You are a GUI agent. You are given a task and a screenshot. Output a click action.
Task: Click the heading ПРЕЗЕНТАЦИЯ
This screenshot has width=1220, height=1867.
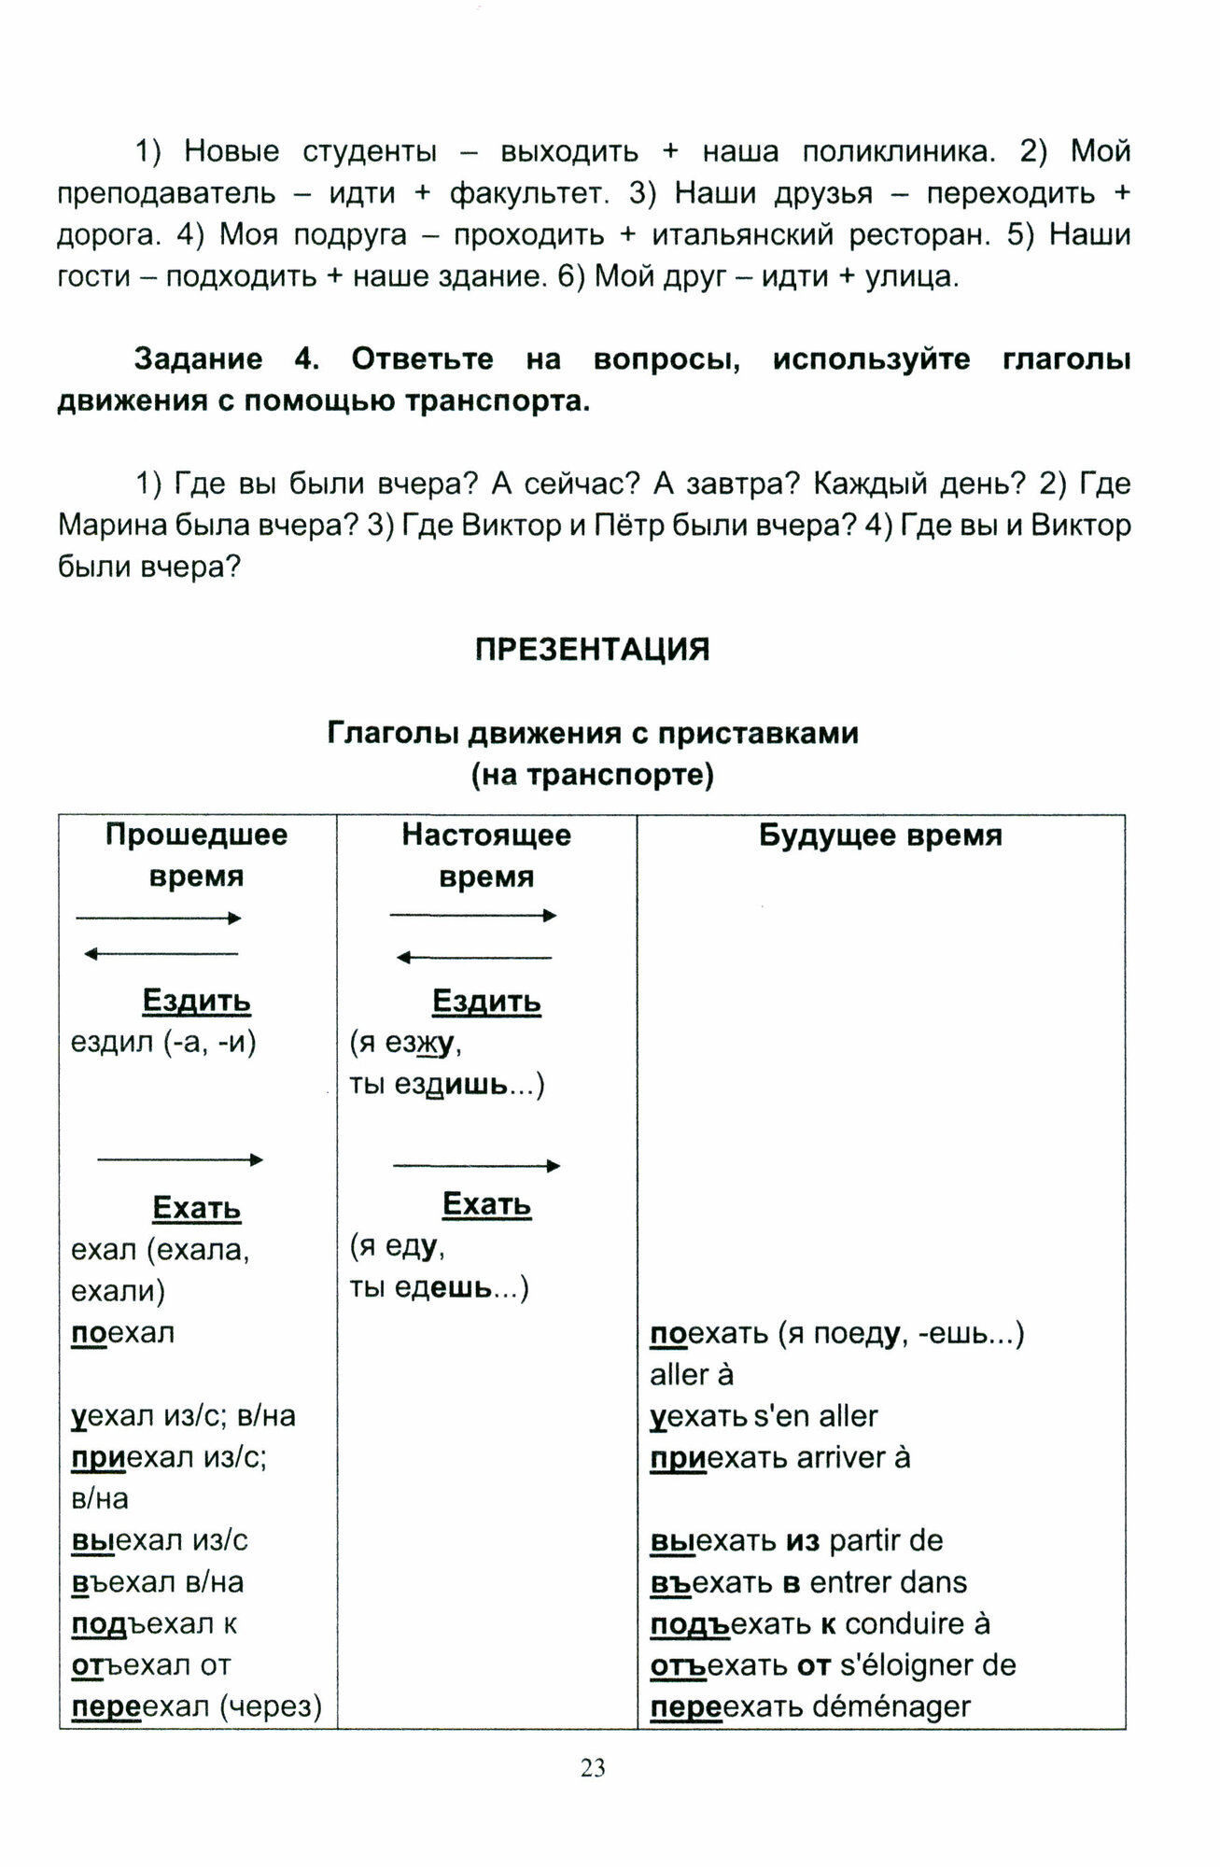tap(593, 650)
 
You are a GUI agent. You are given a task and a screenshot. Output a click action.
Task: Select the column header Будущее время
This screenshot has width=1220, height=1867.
tap(880, 835)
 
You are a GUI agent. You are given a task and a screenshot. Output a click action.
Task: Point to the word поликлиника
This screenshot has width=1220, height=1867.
tap(895, 151)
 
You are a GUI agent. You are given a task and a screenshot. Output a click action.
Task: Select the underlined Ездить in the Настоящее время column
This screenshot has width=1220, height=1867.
tap(486, 1002)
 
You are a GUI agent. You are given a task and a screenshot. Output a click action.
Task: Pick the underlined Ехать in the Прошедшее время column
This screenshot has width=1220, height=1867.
tap(197, 1209)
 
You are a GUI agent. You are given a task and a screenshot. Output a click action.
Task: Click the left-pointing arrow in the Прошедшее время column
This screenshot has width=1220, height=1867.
tap(161, 954)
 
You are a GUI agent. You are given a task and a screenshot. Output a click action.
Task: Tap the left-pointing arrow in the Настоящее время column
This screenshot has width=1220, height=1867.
tap(474, 958)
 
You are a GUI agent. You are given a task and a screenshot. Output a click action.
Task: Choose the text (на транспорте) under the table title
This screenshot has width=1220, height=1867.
tap(593, 776)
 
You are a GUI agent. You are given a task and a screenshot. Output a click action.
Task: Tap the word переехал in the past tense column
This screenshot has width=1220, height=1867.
tap(141, 1707)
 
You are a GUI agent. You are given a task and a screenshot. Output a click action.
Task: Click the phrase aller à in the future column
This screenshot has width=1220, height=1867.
tap(692, 1375)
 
